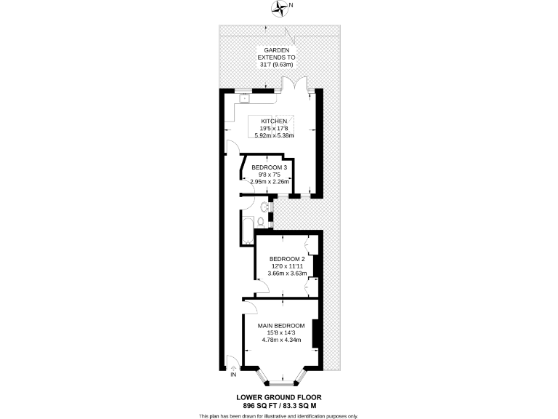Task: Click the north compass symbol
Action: coord(280,8)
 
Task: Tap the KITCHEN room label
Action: coord(279,120)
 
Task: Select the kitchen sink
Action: coord(245,97)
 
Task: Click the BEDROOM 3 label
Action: coord(270,167)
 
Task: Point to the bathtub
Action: coord(245,230)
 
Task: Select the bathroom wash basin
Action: coord(266,207)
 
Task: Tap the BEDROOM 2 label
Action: coord(287,259)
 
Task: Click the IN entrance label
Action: coord(233,375)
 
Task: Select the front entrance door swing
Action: coord(231,362)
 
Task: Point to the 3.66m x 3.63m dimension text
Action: coord(287,274)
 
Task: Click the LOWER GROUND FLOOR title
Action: coord(279,397)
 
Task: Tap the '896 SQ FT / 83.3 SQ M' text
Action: coord(279,405)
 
